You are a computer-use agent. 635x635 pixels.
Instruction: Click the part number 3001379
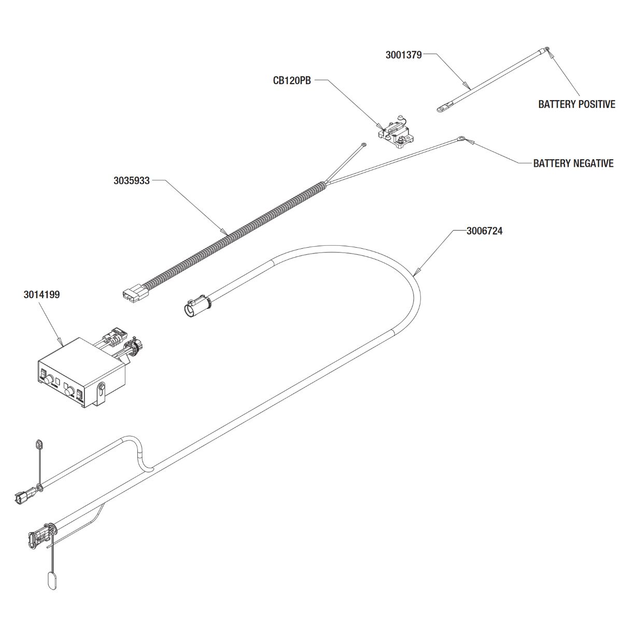[403, 54]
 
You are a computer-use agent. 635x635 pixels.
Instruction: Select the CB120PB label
[292, 81]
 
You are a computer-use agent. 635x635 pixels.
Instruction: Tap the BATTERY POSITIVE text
[576, 104]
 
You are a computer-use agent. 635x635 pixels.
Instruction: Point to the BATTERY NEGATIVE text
[573, 164]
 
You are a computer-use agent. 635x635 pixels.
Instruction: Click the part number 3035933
[132, 181]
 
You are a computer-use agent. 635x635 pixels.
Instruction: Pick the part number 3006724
[484, 231]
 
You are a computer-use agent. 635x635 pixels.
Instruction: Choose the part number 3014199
[41, 295]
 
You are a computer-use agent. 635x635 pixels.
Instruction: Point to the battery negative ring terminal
[461, 138]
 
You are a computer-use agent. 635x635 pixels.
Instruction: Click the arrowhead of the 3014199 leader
[63, 344]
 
